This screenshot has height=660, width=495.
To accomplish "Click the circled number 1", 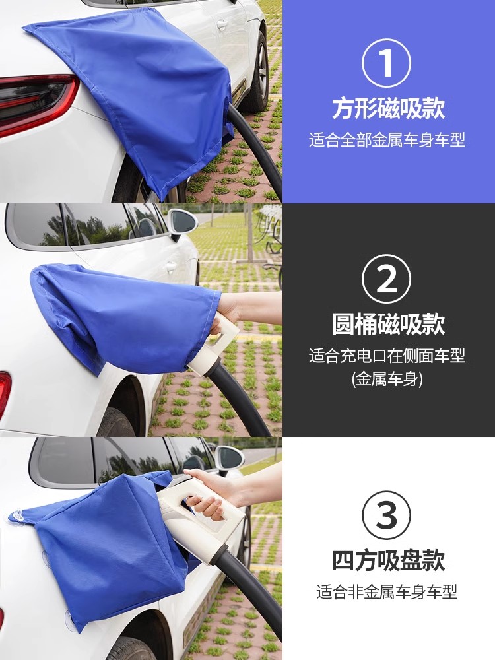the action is point(386,63).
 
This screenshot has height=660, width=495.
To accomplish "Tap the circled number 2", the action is point(386,279).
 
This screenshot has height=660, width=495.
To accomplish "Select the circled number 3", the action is point(386,515).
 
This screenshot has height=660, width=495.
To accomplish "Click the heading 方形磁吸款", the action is point(388,108).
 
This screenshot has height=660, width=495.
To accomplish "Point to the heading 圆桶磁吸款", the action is point(388,325).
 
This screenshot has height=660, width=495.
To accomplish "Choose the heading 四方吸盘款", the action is point(388,560).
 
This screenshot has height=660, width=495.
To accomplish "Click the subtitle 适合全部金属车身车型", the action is point(387,140).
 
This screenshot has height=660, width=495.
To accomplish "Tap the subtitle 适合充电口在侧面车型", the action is point(387,356).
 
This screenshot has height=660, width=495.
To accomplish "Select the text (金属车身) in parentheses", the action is point(387,379).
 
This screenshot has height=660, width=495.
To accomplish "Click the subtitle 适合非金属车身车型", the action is point(387,592).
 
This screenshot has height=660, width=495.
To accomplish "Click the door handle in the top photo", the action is point(222,25).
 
